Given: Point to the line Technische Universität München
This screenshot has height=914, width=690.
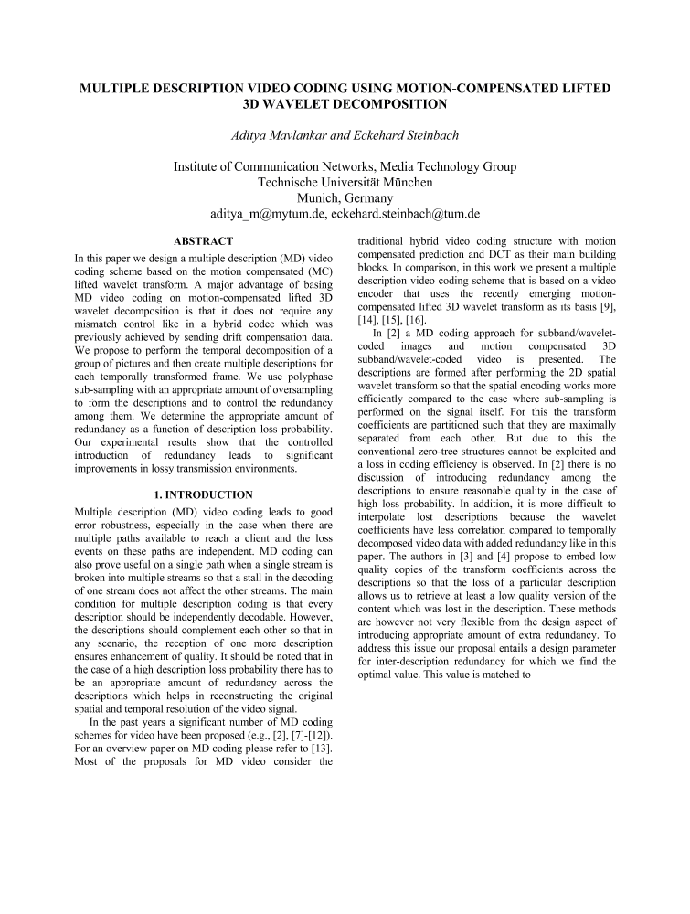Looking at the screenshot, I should [345, 182].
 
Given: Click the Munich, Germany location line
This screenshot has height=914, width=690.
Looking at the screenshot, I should [345, 197].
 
